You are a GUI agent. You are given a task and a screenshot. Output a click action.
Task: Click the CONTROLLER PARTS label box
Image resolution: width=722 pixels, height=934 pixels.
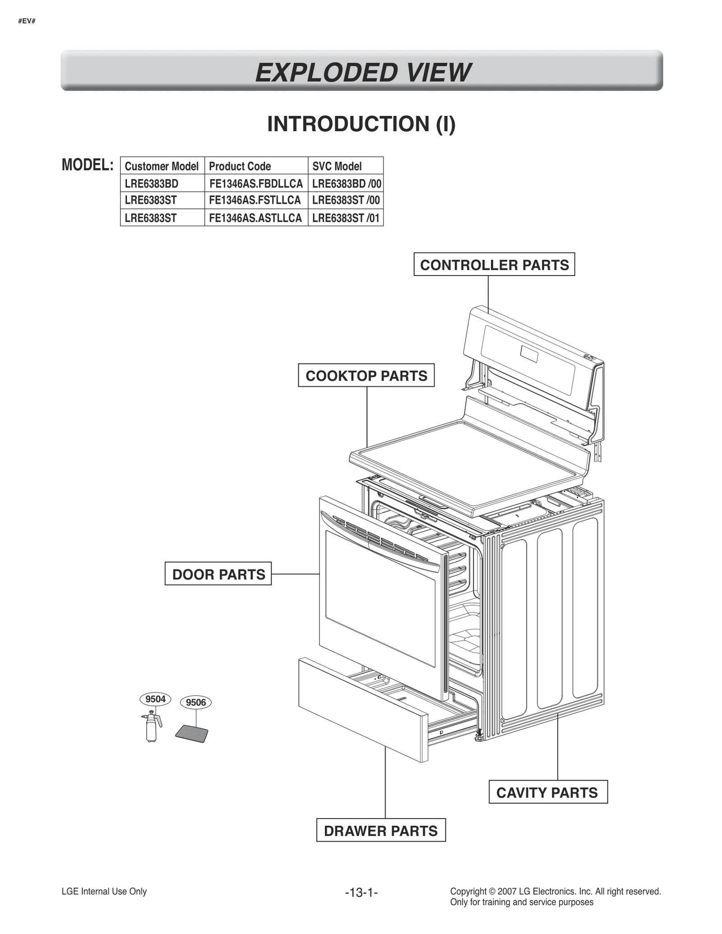[x=494, y=265]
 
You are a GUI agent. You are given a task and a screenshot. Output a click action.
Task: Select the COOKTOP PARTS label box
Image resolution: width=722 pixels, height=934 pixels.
[x=366, y=376]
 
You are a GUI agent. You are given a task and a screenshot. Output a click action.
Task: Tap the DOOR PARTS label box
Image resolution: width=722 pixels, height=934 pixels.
[x=218, y=574]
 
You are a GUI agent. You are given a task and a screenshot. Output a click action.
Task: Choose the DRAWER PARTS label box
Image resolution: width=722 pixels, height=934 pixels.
[x=380, y=831]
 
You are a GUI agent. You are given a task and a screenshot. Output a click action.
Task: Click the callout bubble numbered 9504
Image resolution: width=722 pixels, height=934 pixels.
[x=155, y=699]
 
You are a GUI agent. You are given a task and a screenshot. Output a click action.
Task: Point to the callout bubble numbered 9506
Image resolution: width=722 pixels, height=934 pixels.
[x=195, y=702]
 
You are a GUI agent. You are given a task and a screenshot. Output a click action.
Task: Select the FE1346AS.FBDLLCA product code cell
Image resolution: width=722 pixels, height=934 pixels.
[x=256, y=184]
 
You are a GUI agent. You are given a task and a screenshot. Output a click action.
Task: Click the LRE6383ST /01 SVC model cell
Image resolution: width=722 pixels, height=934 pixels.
[x=346, y=218]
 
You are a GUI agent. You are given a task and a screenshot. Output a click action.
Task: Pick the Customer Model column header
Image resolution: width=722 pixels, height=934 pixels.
[x=162, y=166]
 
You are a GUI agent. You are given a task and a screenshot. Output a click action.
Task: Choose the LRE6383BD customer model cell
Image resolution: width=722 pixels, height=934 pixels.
[x=152, y=184]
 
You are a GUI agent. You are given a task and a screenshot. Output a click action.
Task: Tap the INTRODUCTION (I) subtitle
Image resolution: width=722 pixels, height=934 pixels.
[x=361, y=124]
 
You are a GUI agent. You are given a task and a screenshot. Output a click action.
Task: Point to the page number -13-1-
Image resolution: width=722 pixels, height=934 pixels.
[x=361, y=892]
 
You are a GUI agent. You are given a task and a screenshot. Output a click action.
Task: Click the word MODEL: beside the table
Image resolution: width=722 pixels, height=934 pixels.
[x=88, y=165]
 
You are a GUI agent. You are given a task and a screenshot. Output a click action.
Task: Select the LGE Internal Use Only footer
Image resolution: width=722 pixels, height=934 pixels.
[x=104, y=891]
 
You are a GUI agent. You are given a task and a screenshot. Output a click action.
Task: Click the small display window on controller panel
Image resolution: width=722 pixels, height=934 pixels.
[x=529, y=354]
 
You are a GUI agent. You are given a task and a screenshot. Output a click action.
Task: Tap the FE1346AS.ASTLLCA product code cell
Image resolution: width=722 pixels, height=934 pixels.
[x=255, y=218]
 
